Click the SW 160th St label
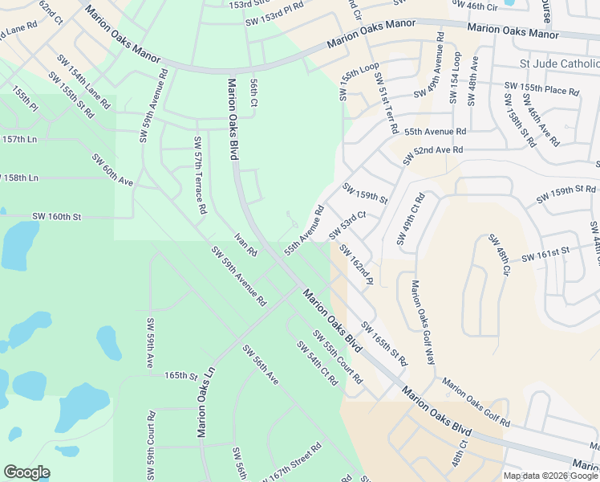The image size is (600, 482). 57,217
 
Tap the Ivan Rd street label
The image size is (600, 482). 245,244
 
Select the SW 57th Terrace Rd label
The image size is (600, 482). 200,175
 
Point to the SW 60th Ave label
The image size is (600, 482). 112,170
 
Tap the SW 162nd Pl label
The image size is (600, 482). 356,265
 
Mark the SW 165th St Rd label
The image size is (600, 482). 385,344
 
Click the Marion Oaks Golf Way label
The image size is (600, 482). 423,322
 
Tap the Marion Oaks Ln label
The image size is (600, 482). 207,402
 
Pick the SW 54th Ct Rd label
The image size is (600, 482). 318,362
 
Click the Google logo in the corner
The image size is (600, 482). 26,472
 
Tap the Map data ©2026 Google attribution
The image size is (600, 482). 549,476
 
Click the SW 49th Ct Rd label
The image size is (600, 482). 409,219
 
